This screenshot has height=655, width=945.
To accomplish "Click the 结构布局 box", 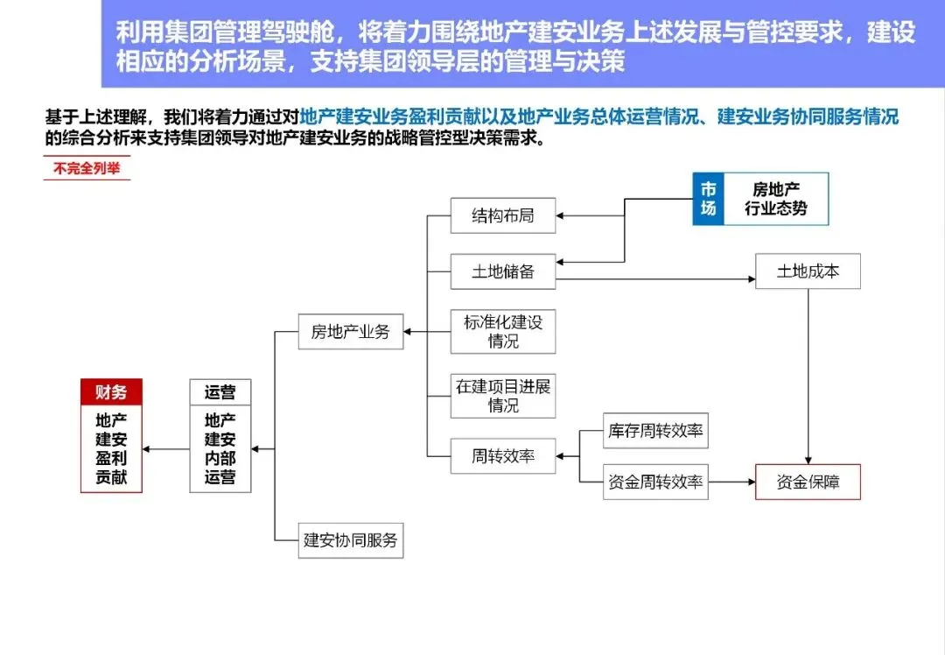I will pos(503,215).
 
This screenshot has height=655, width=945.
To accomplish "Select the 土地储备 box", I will pos(503,271).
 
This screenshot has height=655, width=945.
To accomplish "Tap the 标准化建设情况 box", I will pos(503,331).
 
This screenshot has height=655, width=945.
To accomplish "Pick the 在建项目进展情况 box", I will pos(503,396).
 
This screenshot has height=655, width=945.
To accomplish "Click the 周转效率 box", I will pos(503,456).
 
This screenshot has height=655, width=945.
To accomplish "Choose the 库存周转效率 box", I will pos(656,431).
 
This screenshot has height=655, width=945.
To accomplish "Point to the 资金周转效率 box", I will pos(656,482).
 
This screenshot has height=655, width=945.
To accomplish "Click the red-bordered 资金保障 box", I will pos(808,482).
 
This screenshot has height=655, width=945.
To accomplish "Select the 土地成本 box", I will pos(808,271).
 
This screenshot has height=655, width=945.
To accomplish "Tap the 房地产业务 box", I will pos(351,332).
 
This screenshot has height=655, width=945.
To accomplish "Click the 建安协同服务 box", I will pos(351,540).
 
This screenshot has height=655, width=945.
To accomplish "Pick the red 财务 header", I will pos(111,392).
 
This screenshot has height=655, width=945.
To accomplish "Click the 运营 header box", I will pos(220,392).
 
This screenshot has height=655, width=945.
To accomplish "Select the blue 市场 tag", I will pos(709,200).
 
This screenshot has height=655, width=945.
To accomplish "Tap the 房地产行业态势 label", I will pos(776,200).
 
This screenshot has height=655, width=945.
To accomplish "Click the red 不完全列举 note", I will pos(87,169).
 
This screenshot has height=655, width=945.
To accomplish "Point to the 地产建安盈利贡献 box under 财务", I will pos(111,448).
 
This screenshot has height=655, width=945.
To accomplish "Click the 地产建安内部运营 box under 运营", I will pos(220,448).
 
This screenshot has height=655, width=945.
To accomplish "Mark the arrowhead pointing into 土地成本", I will pos(750,280).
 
